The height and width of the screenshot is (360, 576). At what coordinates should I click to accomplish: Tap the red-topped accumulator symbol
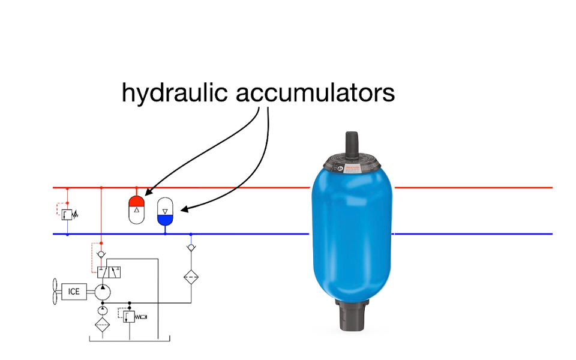coord(137,208)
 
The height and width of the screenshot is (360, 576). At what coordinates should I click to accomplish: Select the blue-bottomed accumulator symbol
coord(165,212)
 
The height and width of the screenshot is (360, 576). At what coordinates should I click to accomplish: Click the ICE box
coord(74,292)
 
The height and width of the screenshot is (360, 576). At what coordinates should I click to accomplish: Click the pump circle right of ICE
coord(102,292)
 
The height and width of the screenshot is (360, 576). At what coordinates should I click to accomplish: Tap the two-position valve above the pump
coord(109,272)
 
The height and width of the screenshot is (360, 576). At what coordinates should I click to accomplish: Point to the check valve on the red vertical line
coord(101,254)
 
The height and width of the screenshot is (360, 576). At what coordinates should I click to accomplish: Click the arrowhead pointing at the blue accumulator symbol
coord(182,210)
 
